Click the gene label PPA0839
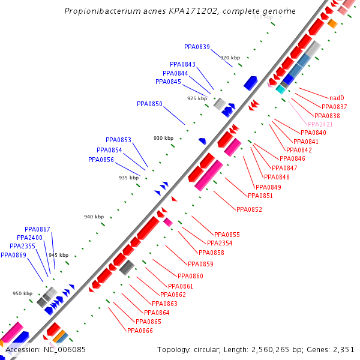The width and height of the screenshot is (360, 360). point(197,47)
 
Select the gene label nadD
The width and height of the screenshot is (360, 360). point(337,98)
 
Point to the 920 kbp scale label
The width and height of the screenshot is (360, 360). point(230,58)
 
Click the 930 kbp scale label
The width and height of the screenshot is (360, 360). point(163,138)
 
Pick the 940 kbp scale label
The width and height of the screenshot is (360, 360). point(94,217)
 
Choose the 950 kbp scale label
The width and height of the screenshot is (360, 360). point(23,293)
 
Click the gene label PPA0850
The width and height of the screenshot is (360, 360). point(149,104)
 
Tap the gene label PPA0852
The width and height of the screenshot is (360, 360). point(249,209)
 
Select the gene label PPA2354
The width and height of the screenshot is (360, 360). point(220,243)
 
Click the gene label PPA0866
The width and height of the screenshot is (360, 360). point(139,330)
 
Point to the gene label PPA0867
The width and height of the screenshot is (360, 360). point(37,229)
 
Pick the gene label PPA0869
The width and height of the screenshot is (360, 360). point(13,255)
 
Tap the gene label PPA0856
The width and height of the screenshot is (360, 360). point(101,160)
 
